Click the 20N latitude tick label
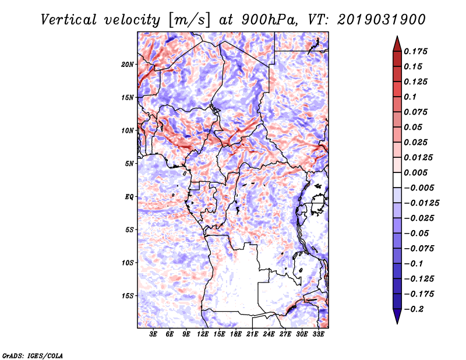(x=128, y=64)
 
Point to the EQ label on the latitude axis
(x=129, y=196)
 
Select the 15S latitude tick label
(x=128, y=295)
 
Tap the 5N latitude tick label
(x=130, y=163)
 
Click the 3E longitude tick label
(x=154, y=334)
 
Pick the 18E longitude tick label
(x=236, y=334)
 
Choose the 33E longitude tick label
(x=318, y=334)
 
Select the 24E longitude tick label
(x=269, y=334)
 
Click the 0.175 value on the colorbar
(x=417, y=51)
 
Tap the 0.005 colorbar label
(x=417, y=172)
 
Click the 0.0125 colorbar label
(x=419, y=157)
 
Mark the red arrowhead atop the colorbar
(x=396, y=41)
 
